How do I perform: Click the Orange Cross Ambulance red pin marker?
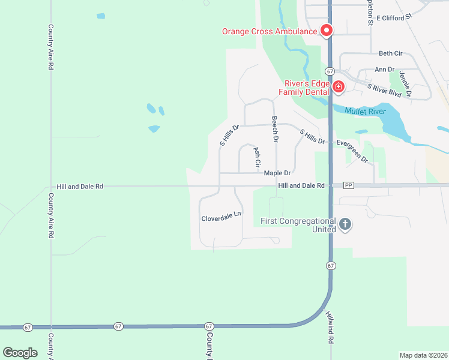pyautogui.click(x=327, y=30)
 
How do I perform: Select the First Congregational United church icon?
pyautogui.click(x=345, y=225)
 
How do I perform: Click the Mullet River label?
pyautogui.click(x=364, y=110)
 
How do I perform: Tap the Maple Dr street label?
pyautogui.click(x=277, y=173)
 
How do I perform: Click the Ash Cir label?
pyautogui.click(x=257, y=157)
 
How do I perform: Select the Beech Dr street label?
pyautogui.click(x=275, y=129)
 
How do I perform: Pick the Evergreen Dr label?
pyautogui.click(x=352, y=150)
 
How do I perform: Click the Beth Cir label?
pyautogui.click(x=390, y=53)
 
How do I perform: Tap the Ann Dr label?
pyautogui.click(x=384, y=70)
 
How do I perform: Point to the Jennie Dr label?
pyautogui.click(x=405, y=84)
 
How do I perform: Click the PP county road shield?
pyautogui.click(x=349, y=185)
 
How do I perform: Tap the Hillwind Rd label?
pyautogui.click(x=330, y=327)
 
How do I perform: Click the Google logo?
pyautogui.click(x=20, y=352)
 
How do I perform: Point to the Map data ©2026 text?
pyautogui.click(x=423, y=355)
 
